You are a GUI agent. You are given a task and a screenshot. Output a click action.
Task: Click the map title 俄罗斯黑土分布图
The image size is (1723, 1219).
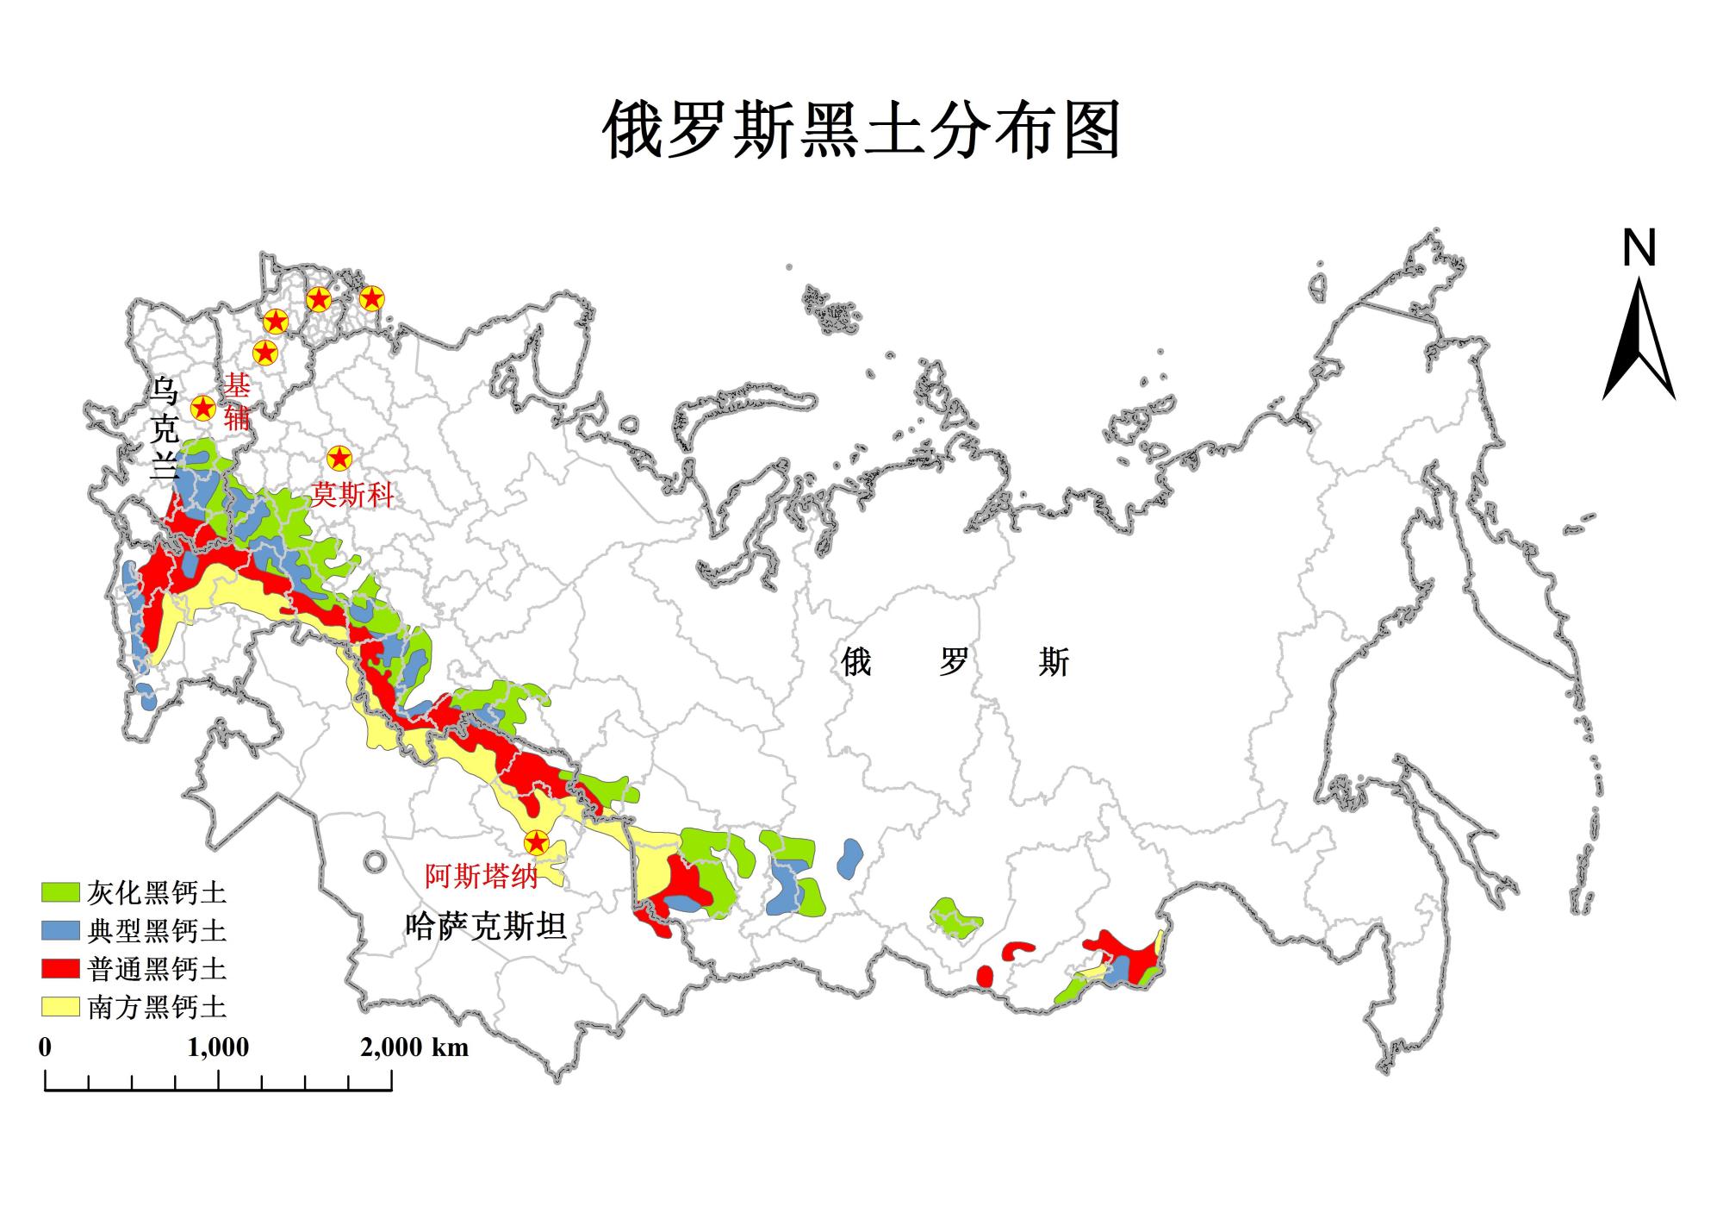point(861,129)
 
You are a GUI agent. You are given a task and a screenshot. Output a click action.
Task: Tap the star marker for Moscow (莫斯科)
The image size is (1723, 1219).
point(339,458)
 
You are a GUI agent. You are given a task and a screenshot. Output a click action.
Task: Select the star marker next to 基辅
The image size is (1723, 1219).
point(202,407)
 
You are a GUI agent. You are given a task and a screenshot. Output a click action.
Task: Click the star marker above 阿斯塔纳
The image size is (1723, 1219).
point(537,842)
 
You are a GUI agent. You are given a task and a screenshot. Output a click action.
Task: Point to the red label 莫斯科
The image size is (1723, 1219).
point(352,495)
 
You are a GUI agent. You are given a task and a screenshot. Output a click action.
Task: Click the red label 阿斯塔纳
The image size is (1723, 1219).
point(482,876)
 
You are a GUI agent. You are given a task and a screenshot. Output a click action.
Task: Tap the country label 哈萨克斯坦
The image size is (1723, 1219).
point(486,926)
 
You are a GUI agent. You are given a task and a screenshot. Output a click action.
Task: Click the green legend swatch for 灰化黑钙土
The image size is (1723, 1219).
point(61,892)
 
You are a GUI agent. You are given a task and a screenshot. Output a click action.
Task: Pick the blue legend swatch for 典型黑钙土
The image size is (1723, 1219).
point(61,930)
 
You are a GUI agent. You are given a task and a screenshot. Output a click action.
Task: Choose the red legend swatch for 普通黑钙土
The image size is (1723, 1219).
point(61,968)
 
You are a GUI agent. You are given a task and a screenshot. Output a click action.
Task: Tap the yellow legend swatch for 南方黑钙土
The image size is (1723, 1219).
point(61,1006)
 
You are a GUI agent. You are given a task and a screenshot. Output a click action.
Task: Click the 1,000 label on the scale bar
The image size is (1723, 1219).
point(218,1047)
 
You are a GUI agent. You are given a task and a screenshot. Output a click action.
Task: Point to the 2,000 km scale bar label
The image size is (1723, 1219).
point(414,1047)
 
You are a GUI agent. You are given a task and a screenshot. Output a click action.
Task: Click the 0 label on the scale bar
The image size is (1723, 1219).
point(45,1047)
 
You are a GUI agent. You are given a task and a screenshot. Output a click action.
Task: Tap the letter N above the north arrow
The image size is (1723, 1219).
point(1639,249)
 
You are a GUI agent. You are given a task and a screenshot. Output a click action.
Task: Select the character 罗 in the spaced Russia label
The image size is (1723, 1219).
point(955,662)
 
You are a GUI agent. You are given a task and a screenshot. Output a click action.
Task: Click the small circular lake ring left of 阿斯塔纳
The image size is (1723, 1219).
point(375,860)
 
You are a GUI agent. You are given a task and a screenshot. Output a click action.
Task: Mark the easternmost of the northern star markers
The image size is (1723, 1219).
point(371,298)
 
